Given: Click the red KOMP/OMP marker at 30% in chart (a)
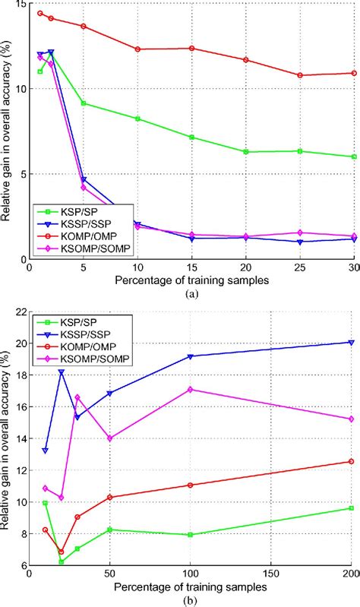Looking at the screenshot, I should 354,73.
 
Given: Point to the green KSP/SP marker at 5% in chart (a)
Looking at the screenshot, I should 84,103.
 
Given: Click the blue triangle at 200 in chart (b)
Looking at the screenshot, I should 351,342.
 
